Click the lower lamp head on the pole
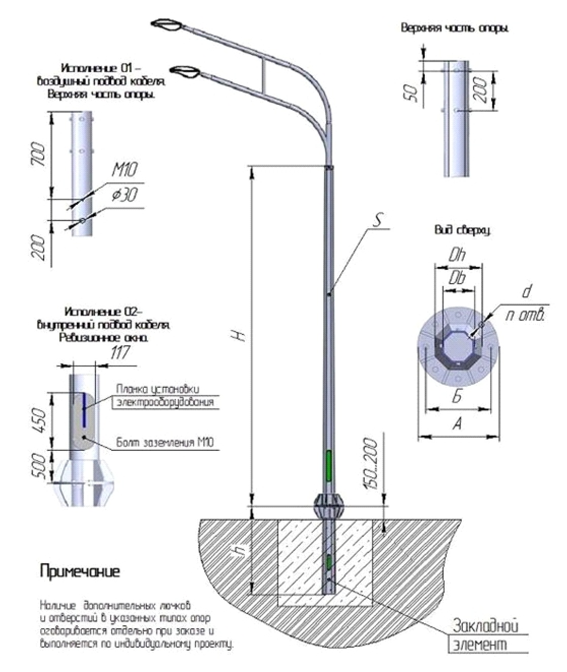coord(185,72)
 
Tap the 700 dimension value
coord(41,156)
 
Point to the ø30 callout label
coord(123,195)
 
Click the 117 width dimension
coord(120,353)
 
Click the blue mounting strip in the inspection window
coord(83,410)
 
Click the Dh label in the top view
coord(457,256)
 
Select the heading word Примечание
coord(80,571)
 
